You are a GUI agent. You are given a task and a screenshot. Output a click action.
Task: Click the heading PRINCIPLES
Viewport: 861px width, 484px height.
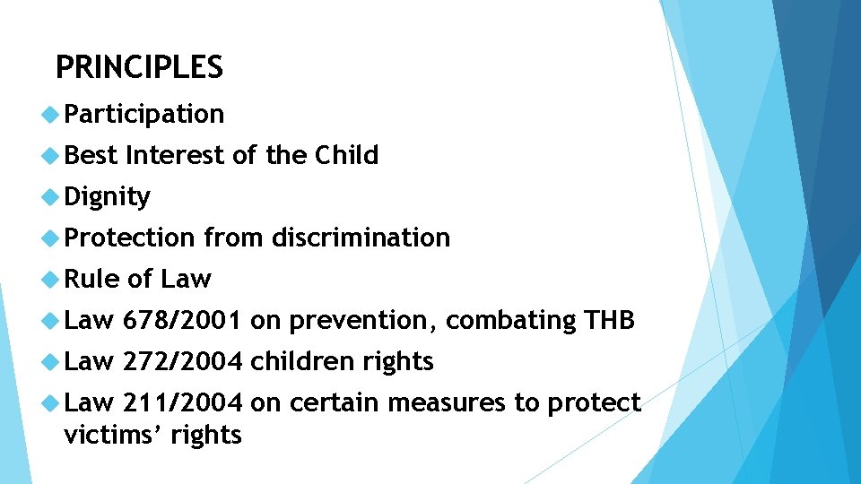(139, 67)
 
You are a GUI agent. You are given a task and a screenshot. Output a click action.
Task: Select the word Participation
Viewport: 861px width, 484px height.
(144, 115)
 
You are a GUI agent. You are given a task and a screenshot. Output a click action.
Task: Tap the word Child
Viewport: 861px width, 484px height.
(346, 155)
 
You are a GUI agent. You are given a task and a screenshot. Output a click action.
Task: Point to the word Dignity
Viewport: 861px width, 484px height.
(108, 197)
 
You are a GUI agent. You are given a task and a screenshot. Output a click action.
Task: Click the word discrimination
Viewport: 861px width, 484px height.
(361, 238)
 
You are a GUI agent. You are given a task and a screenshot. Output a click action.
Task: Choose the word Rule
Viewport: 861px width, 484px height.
(91, 279)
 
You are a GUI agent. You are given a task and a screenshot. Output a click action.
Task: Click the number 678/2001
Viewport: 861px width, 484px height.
(182, 320)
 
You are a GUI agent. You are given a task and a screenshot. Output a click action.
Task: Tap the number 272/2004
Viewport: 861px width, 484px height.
(182, 361)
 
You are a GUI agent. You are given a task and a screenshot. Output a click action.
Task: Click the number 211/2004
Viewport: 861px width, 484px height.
(182, 402)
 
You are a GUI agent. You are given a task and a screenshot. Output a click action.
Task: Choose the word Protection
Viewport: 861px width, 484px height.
(129, 238)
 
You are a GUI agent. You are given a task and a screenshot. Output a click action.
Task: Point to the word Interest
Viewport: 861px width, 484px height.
(176, 155)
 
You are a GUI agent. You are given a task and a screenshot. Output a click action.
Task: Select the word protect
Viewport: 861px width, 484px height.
(596, 403)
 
